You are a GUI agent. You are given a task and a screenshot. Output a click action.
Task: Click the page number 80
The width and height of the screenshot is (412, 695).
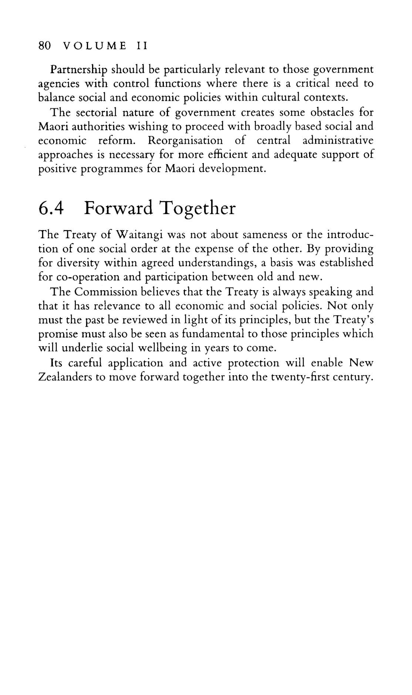pyautogui.click(x=44, y=46)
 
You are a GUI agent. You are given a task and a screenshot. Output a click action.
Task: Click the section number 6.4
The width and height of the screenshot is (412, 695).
pyautogui.click(x=52, y=208)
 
